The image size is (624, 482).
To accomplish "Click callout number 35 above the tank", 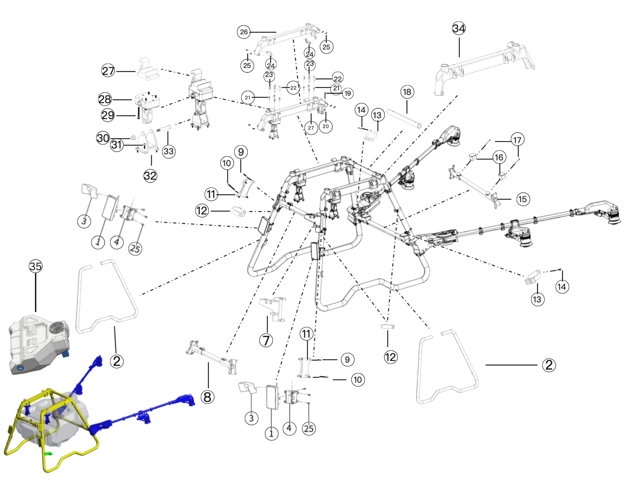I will tap(35, 266).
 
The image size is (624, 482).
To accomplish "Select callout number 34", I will tap(459, 29).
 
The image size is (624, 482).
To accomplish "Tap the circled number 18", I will tap(407, 92).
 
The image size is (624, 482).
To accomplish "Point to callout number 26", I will tap(244, 32).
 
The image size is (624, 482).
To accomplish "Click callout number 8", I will tap(207, 397).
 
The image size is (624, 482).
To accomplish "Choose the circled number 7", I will tap(266, 340).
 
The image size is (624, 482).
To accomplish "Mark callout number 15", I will tap(523, 199).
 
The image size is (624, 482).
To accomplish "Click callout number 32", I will tap(150, 176).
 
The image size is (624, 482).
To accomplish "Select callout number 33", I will tap(169, 151).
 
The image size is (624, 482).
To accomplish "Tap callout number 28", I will tap(105, 99).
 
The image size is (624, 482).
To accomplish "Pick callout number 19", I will tap(347, 94).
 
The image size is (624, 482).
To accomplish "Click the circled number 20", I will tap(326, 126).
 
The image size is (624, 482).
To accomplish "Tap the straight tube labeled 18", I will tap(404, 119).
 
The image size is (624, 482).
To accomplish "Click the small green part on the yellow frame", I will tap(48, 453).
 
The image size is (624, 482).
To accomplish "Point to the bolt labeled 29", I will tap(138, 115).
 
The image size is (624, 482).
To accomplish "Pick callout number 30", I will tap(103, 138).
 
